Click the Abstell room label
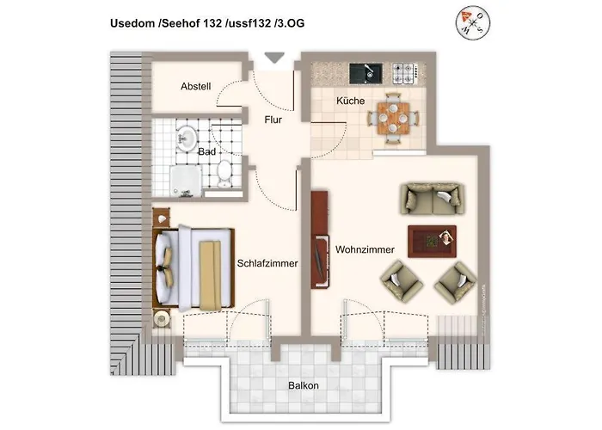pyautogui.click(x=196, y=87)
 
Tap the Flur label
pyautogui.click(x=273, y=120)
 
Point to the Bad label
pyautogui.click(x=206, y=151)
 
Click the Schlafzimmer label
pyautogui.click(x=267, y=264)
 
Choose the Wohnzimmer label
pyautogui.click(x=365, y=249)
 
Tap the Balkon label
pyautogui.click(x=303, y=385)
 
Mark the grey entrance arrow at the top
pyautogui.click(x=274, y=58)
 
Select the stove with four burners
pyautogui.click(x=403, y=71)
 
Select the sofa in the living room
pyautogui.click(x=428, y=200)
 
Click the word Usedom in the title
pyautogui.click(x=132, y=24)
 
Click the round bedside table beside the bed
pyautogui.click(x=162, y=318)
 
